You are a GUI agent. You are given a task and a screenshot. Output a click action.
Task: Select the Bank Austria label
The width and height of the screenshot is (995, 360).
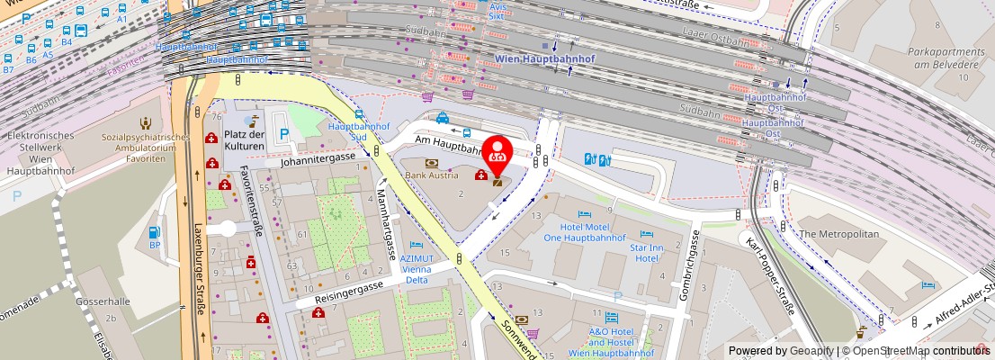tap(431, 175)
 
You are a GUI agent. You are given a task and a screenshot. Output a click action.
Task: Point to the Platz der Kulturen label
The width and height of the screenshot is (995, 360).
tap(245, 140)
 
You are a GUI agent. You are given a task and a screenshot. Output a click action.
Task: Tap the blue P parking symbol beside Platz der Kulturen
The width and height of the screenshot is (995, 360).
tap(285, 134)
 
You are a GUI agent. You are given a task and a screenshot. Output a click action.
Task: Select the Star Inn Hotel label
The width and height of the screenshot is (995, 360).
tap(647, 252)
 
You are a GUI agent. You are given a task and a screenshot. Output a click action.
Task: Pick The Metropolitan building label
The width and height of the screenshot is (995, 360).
tap(838, 233)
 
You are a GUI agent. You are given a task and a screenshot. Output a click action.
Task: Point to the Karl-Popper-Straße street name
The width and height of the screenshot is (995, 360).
tap(771, 275)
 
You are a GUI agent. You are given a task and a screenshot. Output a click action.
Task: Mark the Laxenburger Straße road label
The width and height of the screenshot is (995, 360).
tap(201, 270)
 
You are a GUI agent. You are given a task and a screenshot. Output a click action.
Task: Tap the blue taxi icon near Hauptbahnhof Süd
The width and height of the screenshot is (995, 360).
tap(443, 117)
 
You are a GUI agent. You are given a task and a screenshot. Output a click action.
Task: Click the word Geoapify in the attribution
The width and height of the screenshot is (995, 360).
tap(811, 351)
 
